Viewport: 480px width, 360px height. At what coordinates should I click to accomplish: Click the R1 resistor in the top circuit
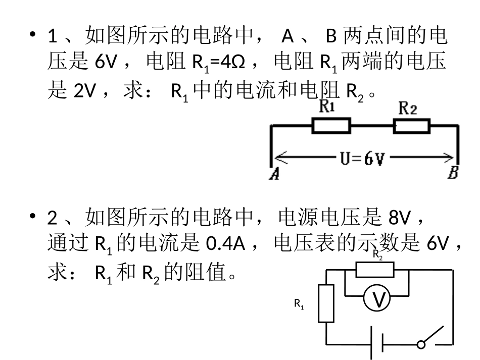(x=331, y=126)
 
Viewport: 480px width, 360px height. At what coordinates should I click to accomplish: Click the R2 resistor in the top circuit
(x=411, y=126)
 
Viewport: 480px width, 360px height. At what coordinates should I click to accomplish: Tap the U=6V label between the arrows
(x=362, y=159)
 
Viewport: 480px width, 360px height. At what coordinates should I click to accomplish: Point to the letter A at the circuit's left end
(x=275, y=174)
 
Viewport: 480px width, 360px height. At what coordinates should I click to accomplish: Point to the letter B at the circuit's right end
(x=453, y=174)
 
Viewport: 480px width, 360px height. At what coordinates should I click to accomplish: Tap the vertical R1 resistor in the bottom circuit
(x=326, y=303)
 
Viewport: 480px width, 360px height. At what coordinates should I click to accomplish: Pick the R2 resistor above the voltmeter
(x=374, y=270)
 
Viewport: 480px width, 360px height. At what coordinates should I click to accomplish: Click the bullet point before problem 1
(x=33, y=36)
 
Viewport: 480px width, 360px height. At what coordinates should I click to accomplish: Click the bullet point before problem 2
(x=33, y=217)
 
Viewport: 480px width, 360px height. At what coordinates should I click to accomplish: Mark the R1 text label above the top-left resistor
(x=328, y=107)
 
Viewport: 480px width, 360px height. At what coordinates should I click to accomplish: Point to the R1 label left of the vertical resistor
(x=299, y=304)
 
